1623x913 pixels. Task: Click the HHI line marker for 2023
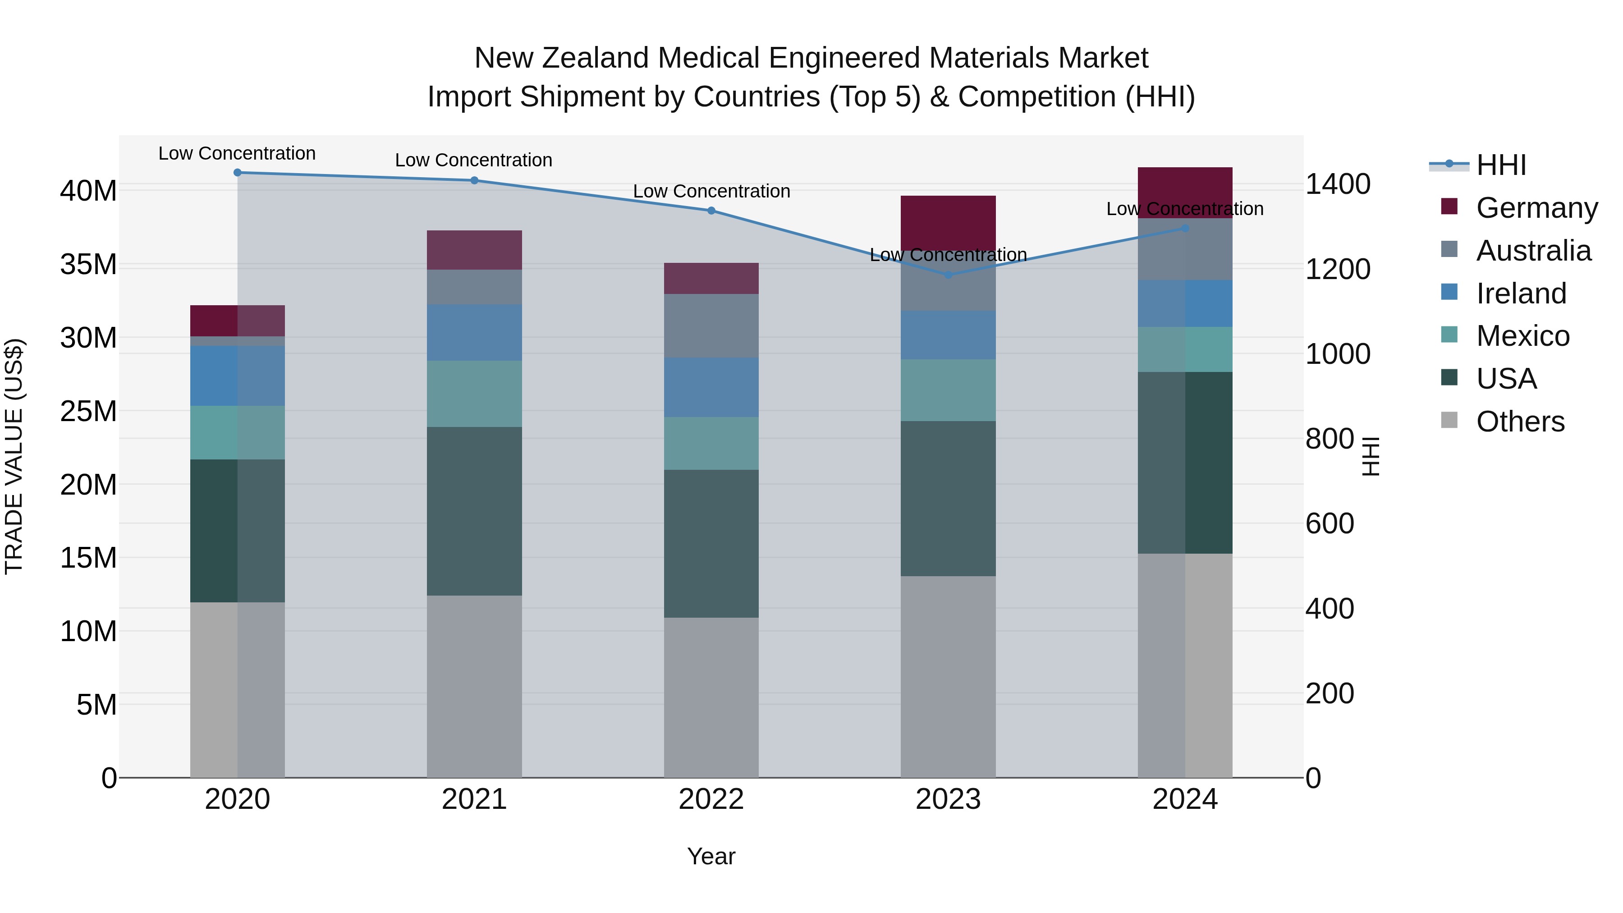948,275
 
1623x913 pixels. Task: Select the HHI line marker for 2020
238,173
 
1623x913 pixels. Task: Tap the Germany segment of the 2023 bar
948,222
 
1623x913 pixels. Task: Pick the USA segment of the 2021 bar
474,511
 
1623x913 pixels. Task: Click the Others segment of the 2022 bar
711,697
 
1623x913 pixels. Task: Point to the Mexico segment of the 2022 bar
711,443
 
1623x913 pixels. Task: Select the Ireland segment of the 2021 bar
474,333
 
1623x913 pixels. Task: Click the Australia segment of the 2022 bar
711,326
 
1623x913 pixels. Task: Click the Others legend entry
1520,422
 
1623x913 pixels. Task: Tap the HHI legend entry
1501,165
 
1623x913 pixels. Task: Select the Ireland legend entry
1521,294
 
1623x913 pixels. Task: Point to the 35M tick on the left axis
88,265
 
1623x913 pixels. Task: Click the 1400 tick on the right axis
1337,184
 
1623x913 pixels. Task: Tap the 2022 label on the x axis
711,799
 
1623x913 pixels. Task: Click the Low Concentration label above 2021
474,160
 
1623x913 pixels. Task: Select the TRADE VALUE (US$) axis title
14,456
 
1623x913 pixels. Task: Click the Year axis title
711,856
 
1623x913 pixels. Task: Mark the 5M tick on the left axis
96,704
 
